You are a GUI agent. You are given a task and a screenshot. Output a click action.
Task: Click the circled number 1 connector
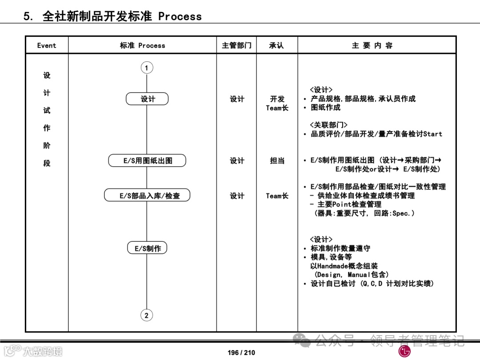[147, 68]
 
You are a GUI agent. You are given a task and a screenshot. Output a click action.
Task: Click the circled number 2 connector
[147, 315]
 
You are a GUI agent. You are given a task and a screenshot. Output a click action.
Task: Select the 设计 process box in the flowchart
[147, 99]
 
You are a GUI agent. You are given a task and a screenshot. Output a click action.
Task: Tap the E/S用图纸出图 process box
[147, 161]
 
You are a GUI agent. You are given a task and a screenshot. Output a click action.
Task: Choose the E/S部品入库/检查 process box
[147, 196]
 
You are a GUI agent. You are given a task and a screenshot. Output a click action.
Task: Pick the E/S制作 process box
[147, 248]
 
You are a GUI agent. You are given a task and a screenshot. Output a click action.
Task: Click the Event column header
[47, 45]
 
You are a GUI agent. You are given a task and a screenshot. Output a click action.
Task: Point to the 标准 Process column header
[142, 45]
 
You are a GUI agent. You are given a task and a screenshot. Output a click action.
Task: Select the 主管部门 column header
[236, 45]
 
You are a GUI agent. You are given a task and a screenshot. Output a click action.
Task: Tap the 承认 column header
[276, 45]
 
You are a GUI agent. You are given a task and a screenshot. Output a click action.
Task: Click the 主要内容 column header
[372, 45]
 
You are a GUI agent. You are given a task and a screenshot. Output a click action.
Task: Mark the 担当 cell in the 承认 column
[277, 161]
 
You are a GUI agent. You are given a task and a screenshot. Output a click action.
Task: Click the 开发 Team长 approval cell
[277, 103]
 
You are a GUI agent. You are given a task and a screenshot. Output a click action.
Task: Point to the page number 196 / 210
[241, 352]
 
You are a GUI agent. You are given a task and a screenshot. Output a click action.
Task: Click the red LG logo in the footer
[404, 352]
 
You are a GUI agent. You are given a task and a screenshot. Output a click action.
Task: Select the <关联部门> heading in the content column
[328, 125]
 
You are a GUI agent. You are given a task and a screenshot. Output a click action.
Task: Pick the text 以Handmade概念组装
[344, 266]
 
